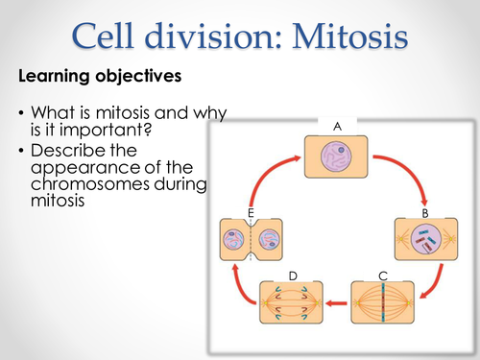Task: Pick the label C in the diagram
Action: (382, 276)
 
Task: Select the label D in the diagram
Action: (293, 276)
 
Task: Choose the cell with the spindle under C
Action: (382, 310)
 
